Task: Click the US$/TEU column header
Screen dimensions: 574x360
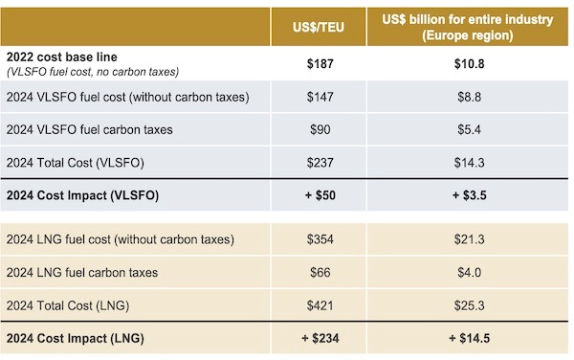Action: click(319, 28)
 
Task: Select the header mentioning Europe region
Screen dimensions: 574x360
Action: click(468, 28)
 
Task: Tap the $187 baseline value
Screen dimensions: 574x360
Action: click(320, 64)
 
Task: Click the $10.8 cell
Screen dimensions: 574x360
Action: click(469, 64)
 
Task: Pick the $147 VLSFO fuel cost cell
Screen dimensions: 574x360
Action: click(320, 97)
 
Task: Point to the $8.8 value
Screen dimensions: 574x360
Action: click(469, 97)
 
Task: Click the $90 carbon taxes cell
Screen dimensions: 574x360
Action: click(320, 129)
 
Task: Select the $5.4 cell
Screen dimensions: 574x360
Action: click(469, 129)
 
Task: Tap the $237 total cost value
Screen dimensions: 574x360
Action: click(320, 163)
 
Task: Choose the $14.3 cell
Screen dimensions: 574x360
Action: click(469, 163)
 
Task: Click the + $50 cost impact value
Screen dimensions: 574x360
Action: click(320, 195)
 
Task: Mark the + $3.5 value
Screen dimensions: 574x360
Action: click(469, 195)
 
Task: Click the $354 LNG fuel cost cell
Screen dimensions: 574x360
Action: click(320, 239)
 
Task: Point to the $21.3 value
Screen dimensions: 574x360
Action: click(469, 239)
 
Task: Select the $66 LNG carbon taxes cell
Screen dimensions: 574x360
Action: click(320, 273)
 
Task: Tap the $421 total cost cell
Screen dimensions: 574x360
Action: click(320, 305)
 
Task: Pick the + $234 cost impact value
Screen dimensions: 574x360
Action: click(320, 338)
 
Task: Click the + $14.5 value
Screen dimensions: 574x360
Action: click(469, 338)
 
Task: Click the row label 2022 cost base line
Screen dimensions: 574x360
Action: click(62, 57)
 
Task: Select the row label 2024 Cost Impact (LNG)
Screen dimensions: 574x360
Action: click(75, 338)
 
